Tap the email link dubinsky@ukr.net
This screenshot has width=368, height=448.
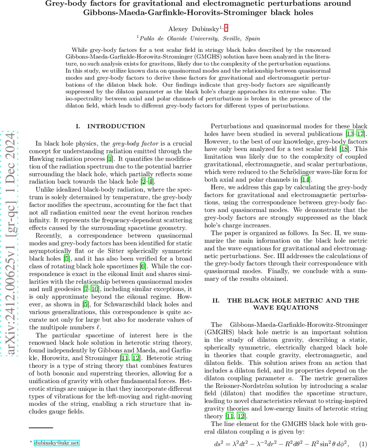[57, 443]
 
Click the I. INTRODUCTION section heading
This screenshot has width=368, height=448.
[110, 127]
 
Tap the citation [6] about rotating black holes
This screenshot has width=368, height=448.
[143, 266]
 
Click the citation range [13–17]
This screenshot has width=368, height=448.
[355, 134]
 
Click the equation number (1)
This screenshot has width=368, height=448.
[363, 444]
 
